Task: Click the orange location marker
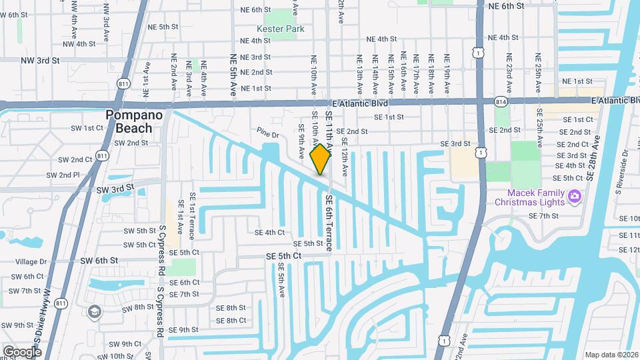[x=321, y=159]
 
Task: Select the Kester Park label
[x=280, y=29]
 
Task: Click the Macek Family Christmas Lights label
[x=529, y=197]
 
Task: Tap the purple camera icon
[x=575, y=197]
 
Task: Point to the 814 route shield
[x=501, y=101]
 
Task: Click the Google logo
[x=22, y=351]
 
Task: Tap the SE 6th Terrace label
[x=329, y=223]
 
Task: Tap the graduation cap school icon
[x=95, y=311]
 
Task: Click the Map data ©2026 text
[x=611, y=354]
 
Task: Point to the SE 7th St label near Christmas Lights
[x=543, y=216]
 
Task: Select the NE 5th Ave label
[x=233, y=75]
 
